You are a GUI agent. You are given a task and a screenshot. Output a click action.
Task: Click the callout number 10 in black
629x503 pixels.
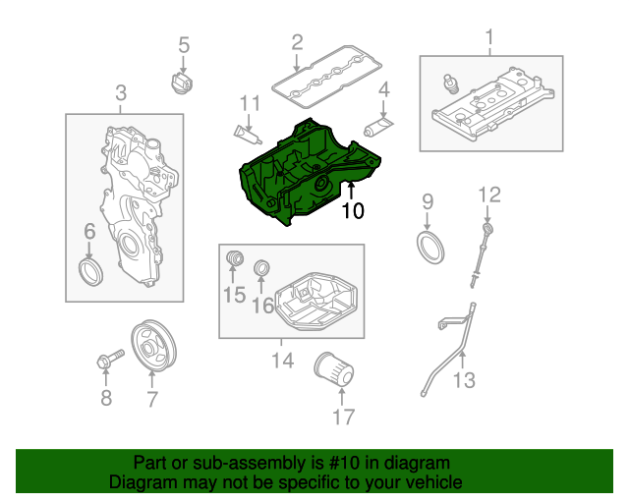point(353,210)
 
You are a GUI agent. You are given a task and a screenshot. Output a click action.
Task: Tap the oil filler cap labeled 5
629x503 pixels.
point(181,84)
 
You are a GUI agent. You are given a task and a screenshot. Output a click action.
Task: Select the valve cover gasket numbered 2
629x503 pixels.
point(326,77)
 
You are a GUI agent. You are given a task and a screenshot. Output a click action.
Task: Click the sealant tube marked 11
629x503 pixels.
point(248,135)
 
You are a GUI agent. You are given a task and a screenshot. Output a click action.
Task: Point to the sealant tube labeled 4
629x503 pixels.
point(378,126)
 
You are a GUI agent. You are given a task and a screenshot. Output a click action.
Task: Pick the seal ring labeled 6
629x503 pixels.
point(90,272)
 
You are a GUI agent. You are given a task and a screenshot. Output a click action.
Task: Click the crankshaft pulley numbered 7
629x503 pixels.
point(153,346)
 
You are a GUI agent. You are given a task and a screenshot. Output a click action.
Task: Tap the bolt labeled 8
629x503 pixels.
point(110,359)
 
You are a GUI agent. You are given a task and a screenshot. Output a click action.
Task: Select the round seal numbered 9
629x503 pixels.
point(430,248)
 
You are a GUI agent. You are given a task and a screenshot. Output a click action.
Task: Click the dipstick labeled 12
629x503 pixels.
point(481,256)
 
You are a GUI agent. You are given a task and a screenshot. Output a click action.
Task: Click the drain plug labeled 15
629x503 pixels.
point(235,258)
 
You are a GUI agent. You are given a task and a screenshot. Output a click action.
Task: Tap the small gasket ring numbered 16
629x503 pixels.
point(261,267)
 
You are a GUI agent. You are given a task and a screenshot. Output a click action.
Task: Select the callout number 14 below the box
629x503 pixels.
point(283,360)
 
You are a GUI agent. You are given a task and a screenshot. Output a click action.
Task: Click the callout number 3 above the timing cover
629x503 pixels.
point(121,93)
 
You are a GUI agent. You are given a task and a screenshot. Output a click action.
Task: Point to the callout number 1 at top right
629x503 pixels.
point(489,37)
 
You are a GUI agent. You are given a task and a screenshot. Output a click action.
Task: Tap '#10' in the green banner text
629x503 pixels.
point(344,463)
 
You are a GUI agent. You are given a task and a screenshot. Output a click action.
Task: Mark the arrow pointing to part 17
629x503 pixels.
point(342,397)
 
